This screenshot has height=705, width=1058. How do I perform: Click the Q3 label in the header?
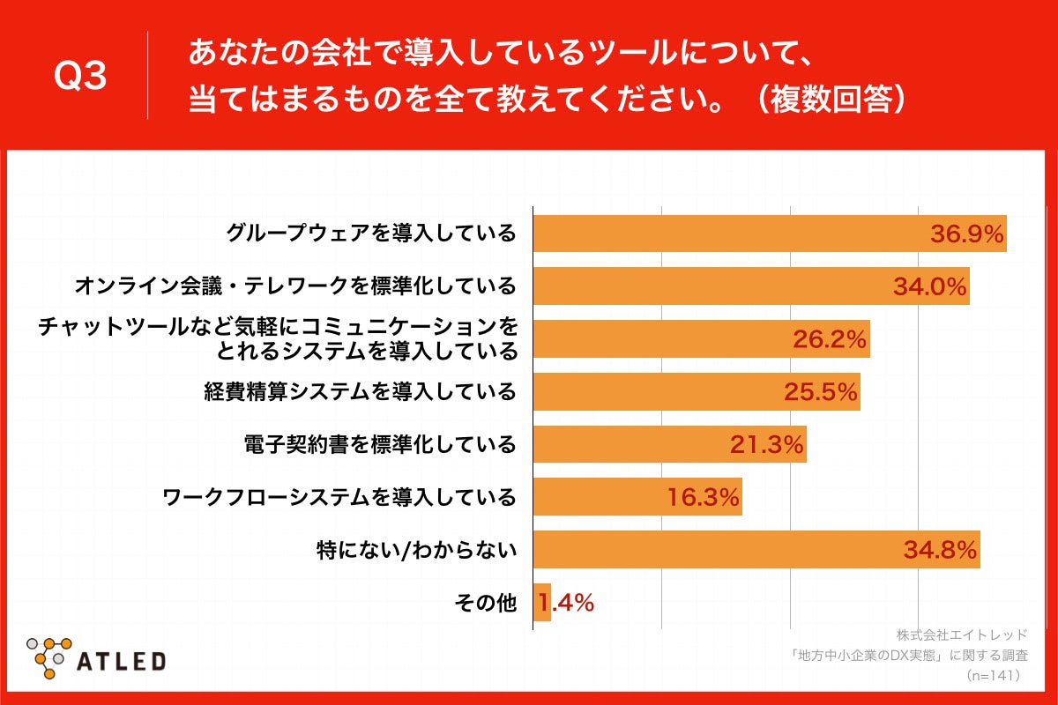80,78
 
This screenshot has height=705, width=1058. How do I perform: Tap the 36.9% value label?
967,234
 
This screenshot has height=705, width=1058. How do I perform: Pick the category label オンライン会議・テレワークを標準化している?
294,286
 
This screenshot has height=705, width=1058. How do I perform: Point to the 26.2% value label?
831,340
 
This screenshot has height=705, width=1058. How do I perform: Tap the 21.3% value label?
766,445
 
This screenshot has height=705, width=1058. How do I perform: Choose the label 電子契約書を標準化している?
379,444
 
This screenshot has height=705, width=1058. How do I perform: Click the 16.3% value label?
702,498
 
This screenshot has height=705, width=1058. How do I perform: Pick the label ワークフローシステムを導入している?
339,497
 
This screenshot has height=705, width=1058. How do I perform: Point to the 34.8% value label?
940,551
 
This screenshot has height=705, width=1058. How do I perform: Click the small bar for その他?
542,604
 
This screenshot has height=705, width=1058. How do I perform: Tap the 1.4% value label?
566,604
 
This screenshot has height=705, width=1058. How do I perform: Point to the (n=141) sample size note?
993,675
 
